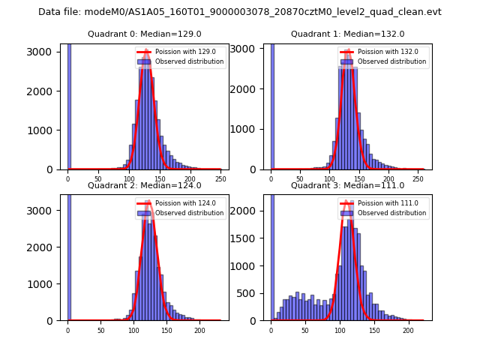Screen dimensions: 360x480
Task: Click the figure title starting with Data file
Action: click(x=240, y=12)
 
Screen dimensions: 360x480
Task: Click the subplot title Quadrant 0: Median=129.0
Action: click(x=144, y=34)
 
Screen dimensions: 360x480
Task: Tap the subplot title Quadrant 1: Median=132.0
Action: click(x=347, y=34)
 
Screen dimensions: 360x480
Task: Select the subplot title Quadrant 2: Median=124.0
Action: click(x=144, y=185)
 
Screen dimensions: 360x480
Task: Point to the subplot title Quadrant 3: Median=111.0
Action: click(x=347, y=185)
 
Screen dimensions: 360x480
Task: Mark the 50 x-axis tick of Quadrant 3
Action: click(x=305, y=330)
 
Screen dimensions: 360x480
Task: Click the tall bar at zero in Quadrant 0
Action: click(x=68, y=105)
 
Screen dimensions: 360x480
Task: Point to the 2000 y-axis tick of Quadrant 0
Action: click(x=45, y=91)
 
